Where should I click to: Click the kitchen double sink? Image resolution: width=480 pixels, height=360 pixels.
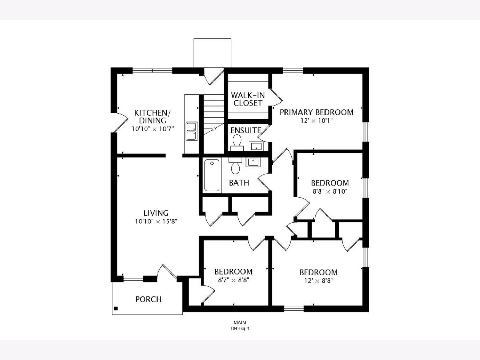click(x=192, y=131)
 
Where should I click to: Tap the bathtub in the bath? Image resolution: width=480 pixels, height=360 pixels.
click(x=212, y=176)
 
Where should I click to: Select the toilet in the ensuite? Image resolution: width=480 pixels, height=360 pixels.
click(x=237, y=143)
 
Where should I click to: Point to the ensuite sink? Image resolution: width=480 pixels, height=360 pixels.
click(x=256, y=146)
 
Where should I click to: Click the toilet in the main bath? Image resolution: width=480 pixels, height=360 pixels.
click(x=236, y=166)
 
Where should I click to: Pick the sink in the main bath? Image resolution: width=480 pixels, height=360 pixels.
click(x=253, y=162)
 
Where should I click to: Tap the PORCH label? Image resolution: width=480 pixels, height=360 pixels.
click(x=148, y=299)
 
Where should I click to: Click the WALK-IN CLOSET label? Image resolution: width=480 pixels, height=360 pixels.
click(x=248, y=99)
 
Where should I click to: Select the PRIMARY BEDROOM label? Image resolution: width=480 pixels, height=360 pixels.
click(x=316, y=112)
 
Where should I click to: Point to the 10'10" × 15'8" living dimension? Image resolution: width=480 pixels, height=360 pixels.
click(x=156, y=222)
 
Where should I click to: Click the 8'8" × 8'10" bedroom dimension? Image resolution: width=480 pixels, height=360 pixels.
click(x=330, y=192)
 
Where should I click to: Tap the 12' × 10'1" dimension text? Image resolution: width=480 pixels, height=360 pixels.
click(x=316, y=121)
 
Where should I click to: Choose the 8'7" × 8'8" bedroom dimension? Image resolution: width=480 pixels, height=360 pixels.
click(x=234, y=280)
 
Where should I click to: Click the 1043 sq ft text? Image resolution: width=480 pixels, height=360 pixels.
click(x=240, y=328)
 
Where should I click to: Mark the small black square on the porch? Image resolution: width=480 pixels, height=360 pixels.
click(x=116, y=309)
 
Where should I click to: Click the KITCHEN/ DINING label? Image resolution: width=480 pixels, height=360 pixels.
click(x=152, y=117)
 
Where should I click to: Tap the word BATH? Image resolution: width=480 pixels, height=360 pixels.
click(x=239, y=183)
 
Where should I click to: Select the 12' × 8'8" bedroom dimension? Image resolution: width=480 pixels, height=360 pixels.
click(x=318, y=281)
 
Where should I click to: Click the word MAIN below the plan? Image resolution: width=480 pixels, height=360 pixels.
click(x=240, y=322)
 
